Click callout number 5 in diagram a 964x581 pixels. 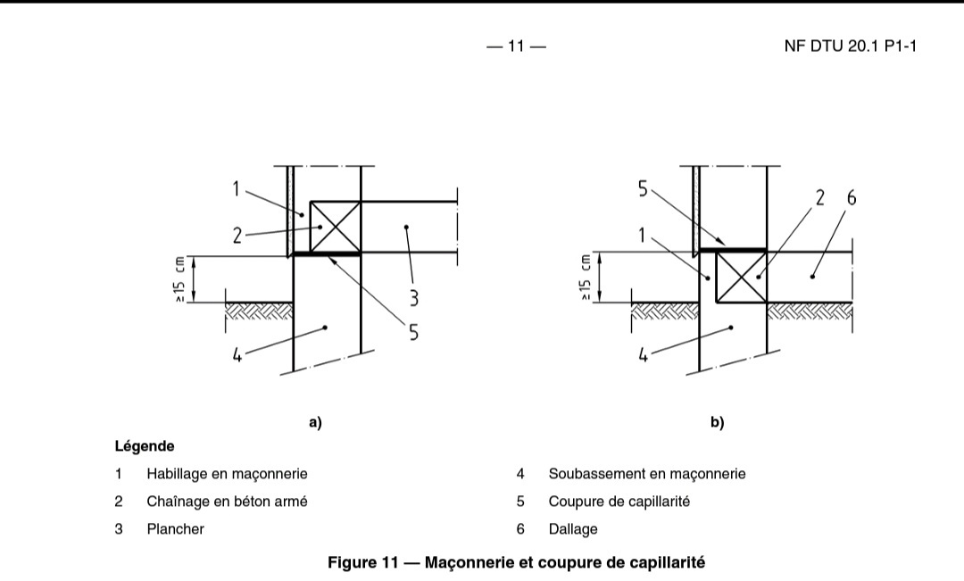[x=413, y=332]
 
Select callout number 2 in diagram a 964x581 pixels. [x=237, y=236]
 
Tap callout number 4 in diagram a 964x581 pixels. [x=237, y=355]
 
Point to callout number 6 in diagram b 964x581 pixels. [x=851, y=198]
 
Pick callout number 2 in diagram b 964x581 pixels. [x=819, y=198]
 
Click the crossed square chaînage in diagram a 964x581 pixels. [x=335, y=228]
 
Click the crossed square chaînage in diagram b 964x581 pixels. [x=741, y=278]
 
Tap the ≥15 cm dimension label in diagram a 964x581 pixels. [x=180, y=279]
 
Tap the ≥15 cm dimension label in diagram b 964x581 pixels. [x=586, y=278]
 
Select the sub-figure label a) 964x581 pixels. [x=315, y=423]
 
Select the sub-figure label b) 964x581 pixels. [x=717, y=423]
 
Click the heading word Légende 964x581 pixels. [x=145, y=445]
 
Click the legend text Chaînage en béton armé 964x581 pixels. [x=227, y=502]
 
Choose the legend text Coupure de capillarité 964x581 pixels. [x=619, y=502]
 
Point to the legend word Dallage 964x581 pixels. [x=573, y=529]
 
